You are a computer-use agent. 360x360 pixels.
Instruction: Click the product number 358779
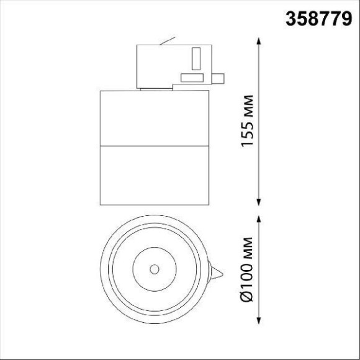pyautogui.click(x=318, y=19)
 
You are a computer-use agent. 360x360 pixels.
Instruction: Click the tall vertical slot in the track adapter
pyautogui.click(x=196, y=58)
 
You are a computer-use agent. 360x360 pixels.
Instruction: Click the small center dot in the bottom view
pyautogui.click(x=154, y=269)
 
